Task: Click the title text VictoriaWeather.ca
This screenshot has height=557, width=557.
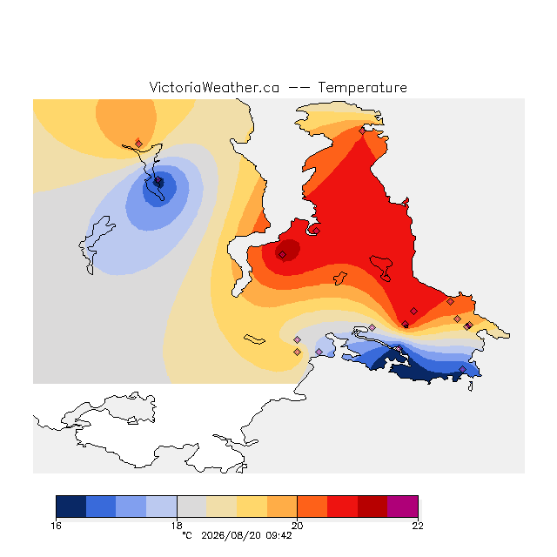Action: coord(214,87)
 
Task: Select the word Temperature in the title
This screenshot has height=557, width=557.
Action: coord(362,87)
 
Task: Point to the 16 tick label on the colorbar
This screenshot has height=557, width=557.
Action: coord(56,526)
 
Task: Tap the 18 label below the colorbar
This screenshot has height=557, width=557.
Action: coord(177,526)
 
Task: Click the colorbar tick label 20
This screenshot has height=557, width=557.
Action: coord(298,526)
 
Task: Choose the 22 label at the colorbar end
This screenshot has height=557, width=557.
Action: coord(418,526)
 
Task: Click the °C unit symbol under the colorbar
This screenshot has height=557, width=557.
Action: coord(187,535)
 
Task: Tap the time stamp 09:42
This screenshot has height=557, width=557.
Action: coord(278,535)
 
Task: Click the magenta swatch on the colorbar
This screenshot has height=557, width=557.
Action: coord(402,507)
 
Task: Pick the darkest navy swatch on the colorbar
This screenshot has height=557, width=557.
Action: coord(71,507)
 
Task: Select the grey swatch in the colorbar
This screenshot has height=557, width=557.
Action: coord(191,507)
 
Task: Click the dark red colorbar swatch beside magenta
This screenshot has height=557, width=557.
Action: coord(372,507)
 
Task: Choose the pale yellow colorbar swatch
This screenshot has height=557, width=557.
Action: coord(222,507)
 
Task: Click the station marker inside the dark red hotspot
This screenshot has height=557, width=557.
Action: coord(282,254)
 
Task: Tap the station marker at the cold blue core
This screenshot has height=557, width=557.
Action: coord(158,181)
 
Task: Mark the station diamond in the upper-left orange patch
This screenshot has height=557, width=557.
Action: coord(139,144)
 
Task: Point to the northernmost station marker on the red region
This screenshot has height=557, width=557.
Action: coord(362,131)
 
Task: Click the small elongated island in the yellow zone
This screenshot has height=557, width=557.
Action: coord(254,339)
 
